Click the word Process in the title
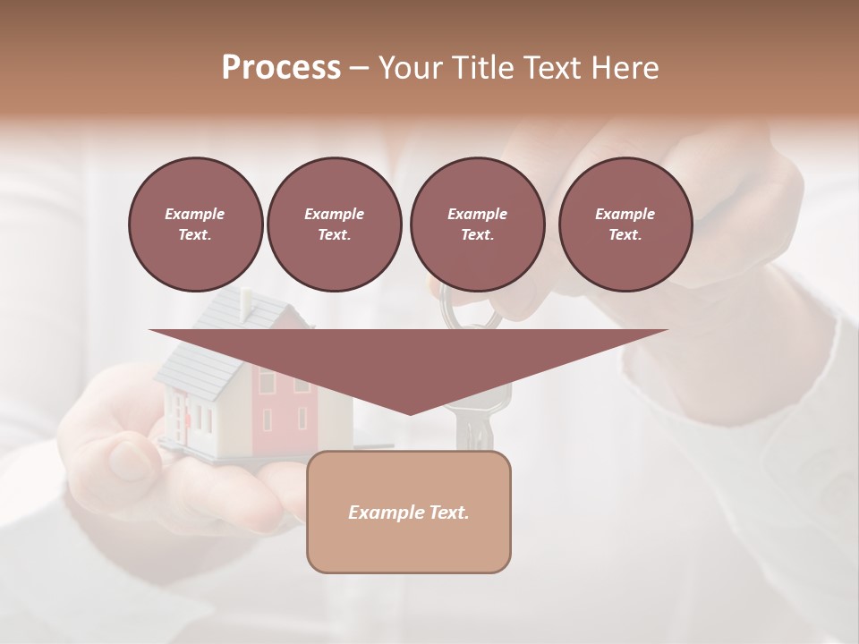[281, 68]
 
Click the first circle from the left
[195, 225]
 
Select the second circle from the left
[334, 225]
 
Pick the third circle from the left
[477, 225]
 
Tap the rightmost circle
[625, 225]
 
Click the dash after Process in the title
[360, 68]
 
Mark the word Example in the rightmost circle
[625, 214]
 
